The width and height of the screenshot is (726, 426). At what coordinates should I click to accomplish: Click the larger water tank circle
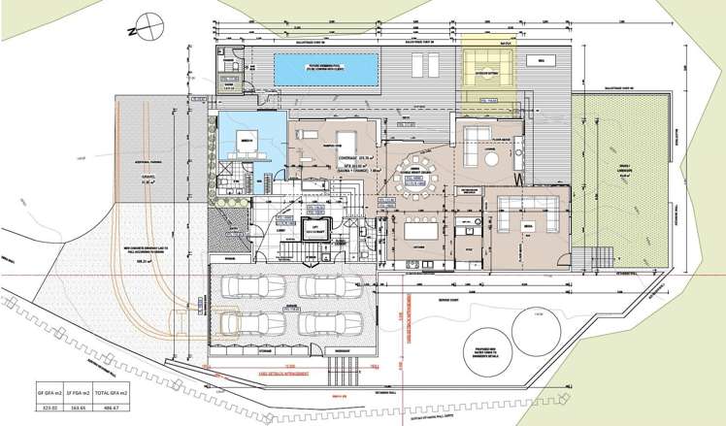[535, 331]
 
